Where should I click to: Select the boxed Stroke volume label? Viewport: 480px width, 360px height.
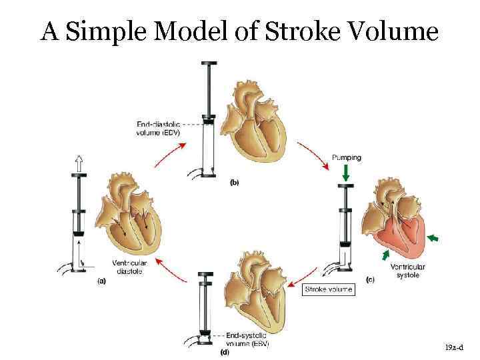(329, 290)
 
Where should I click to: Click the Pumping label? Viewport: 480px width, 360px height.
(346, 158)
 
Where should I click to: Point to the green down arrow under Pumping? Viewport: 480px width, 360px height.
(345, 173)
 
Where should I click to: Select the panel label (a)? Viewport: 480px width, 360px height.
(101, 281)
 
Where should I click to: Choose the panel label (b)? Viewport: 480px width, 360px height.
(235, 181)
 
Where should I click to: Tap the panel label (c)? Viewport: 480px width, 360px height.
(370, 280)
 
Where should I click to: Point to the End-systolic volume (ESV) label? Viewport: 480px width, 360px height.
(247, 339)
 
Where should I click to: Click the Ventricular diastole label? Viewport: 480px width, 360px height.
(129, 265)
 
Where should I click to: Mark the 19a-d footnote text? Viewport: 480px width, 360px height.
(454, 348)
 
